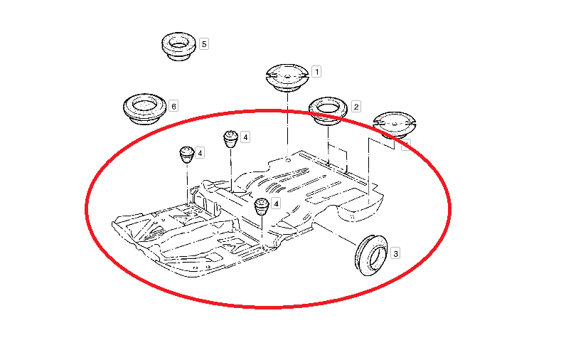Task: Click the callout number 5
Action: pos(204,44)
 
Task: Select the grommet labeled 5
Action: pos(178,46)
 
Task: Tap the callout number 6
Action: pos(173,106)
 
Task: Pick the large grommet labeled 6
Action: pos(144,109)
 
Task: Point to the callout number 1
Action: pos(316,72)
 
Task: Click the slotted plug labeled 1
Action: pos(288,78)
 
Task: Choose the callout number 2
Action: pos(356,106)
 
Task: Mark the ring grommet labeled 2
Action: pos(328,110)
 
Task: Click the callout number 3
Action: pos(395,253)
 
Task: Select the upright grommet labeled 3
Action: pos(371,255)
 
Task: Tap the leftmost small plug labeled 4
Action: pos(187,154)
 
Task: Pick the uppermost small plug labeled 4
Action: pos(231,139)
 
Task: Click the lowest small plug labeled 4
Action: pos(262,206)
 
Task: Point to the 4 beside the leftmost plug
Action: pos(200,153)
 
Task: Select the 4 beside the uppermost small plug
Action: pos(245,137)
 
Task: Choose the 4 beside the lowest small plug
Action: pos(276,203)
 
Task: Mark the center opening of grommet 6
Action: pos(144,105)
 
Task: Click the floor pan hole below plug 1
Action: pos(288,160)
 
